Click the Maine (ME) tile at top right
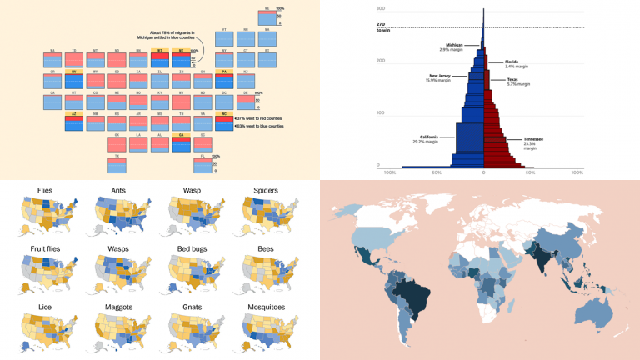point(268,17)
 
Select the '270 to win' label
point(384,27)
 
